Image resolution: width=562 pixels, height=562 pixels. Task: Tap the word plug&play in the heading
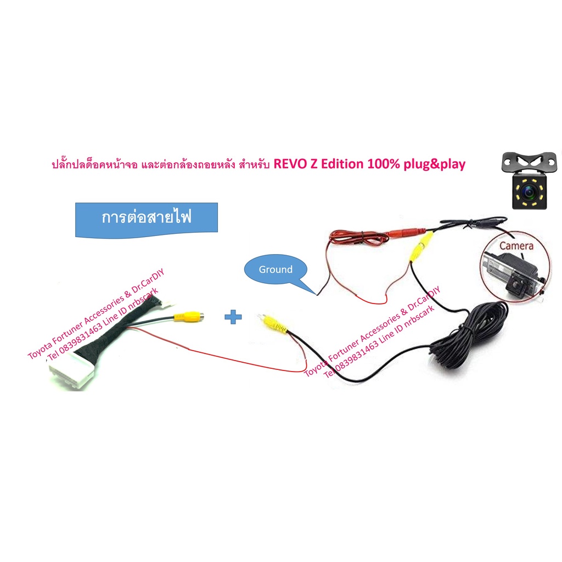pos(435,165)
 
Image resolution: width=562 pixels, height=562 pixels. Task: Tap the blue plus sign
pos(233,317)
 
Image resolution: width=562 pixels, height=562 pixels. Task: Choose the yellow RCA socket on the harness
pos(189,317)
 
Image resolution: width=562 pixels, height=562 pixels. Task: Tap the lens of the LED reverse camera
pos(529,193)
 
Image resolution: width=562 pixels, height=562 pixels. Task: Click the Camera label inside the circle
pos(516,246)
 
